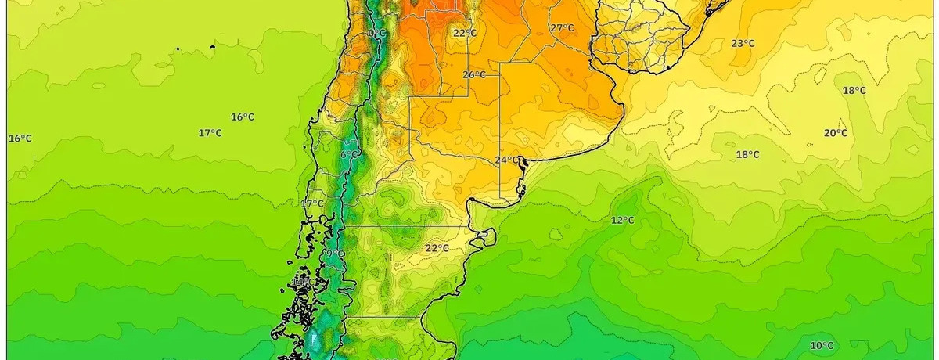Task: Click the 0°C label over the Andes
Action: coord(376,34)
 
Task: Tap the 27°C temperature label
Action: coord(562,28)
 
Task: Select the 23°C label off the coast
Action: coord(743,44)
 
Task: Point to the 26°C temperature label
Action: coord(473,75)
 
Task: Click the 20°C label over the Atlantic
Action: coord(835,133)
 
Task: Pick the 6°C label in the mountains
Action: coord(350,155)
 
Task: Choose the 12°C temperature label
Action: coord(623,221)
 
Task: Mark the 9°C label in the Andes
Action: coord(334,254)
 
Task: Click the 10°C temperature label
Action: coord(822,346)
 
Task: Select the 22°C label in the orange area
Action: coord(464,33)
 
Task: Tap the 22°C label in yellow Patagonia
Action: coord(437,249)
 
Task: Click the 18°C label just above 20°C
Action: coord(854,91)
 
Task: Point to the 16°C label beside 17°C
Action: coord(242,117)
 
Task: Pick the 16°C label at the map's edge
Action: coord(20,139)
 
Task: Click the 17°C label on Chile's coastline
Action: coord(311,204)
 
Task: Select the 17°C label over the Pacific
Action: coord(209,133)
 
